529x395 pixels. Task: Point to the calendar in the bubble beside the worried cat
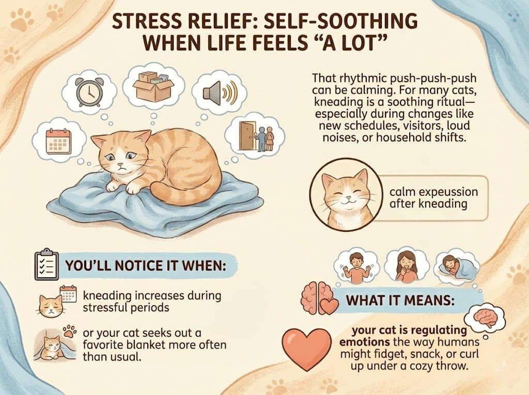(57, 139)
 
